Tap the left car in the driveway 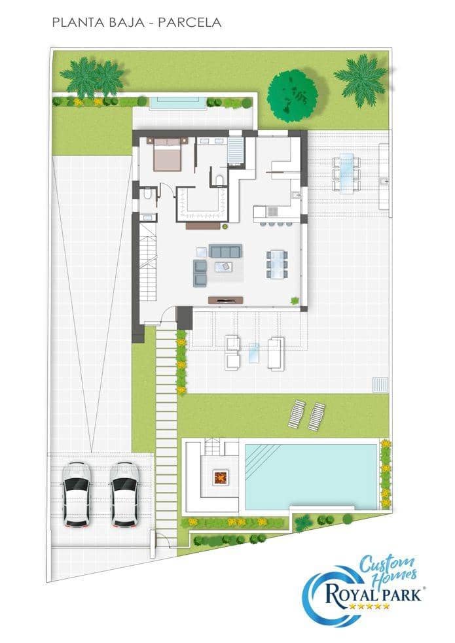(x=77, y=495)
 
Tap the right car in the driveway (x=124, y=495)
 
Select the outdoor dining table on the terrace (x=345, y=172)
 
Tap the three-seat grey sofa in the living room (x=226, y=251)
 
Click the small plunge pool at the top (x=174, y=102)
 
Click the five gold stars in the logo (x=370, y=606)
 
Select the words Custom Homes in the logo (x=386, y=566)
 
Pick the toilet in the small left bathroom (x=149, y=194)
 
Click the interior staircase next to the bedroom (x=236, y=147)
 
